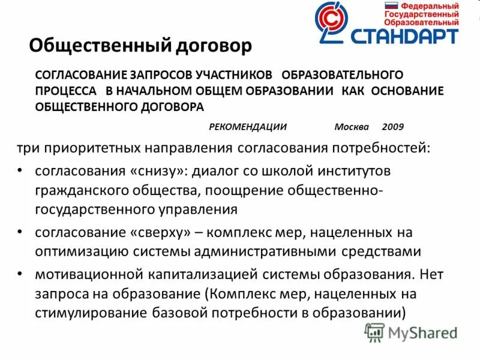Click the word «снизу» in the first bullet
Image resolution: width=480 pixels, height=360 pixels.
155,170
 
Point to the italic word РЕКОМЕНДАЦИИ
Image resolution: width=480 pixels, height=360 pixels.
248,127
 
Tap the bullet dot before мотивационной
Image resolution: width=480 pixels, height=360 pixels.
21,274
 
